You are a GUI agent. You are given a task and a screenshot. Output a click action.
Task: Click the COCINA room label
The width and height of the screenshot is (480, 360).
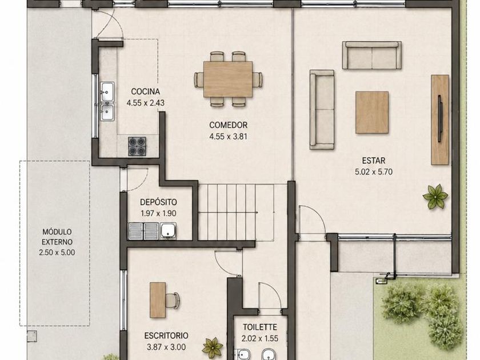click(x=145, y=91)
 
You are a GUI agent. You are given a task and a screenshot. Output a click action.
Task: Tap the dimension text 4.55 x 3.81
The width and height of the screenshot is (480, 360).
click(x=228, y=136)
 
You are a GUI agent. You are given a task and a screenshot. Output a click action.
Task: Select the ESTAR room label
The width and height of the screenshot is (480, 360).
click(x=374, y=161)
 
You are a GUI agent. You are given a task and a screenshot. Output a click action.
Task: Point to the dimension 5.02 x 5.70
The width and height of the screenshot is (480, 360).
click(x=374, y=172)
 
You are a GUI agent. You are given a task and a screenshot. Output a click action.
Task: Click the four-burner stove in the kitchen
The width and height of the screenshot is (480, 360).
click(x=137, y=146)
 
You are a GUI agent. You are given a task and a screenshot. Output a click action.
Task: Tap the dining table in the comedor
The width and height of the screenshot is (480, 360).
click(x=228, y=79)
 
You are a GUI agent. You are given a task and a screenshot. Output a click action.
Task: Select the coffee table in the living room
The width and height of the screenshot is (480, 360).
click(x=372, y=113)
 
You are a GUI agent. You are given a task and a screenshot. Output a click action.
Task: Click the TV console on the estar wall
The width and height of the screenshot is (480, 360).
click(x=440, y=119)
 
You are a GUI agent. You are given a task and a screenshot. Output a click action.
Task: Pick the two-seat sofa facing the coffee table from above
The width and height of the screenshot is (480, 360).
click(x=371, y=55)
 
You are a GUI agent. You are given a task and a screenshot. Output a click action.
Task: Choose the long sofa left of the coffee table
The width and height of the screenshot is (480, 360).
click(x=322, y=110)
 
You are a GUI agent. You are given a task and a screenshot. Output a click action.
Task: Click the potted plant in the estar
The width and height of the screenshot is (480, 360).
click(x=435, y=197)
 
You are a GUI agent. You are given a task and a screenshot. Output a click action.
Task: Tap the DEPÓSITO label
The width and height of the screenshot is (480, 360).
click(x=158, y=202)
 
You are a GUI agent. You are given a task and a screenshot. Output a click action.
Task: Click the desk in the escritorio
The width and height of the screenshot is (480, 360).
click(x=158, y=300)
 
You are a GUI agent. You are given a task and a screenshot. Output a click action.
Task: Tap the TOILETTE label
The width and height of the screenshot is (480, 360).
click(x=260, y=327)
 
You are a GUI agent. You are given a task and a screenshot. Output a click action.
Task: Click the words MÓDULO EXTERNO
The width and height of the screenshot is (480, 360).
click(x=57, y=237)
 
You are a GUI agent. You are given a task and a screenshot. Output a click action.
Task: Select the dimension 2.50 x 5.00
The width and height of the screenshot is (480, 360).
click(x=57, y=253)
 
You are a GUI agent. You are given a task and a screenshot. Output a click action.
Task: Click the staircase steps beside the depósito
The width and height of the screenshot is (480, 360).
click(x=227, y=212)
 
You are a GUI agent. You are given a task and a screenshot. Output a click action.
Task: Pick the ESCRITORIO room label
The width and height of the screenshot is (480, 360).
click(x=166, y=335)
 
